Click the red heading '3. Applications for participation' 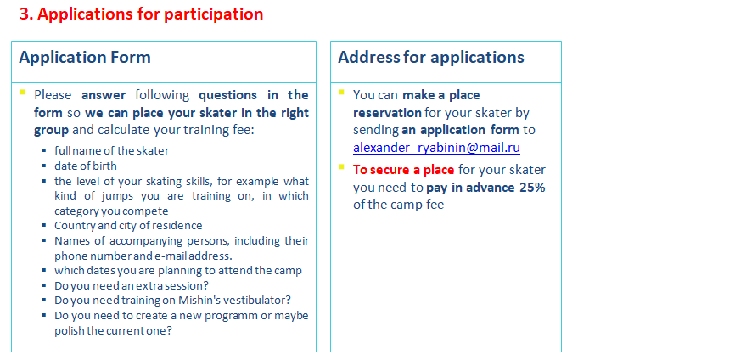click(141, 14)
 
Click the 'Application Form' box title click(85, 57)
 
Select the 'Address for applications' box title click(431, 57)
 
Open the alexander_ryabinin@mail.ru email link click(436, 148)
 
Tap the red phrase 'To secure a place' click(404, 169)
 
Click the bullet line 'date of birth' click(86, 166)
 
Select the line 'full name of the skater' click(111, 150)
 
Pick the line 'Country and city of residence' click(128, 226)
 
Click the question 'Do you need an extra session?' click(132, 285)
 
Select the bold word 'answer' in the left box click(104, 95)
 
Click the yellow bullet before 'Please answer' click(22, 92)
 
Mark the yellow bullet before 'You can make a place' click(341, 92)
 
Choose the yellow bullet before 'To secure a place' click(341, 166)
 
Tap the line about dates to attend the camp click(178, 271)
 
